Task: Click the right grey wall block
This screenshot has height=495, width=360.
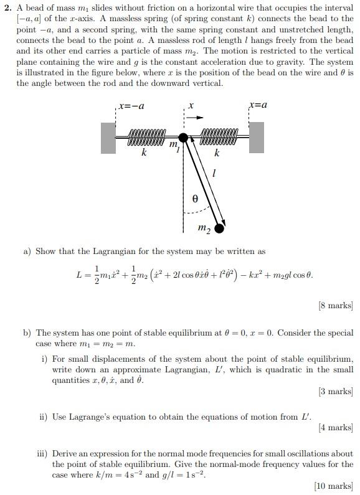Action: click(x=256, y=138)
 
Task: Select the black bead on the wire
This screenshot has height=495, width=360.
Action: click(x=182, y=138)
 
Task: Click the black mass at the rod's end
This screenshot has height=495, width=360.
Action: click(x=219, y=228)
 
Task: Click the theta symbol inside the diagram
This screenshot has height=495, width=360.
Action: click(x=195, y=199)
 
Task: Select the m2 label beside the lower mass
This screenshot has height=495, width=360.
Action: click(x=204, y=229)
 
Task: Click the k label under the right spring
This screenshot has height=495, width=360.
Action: click(x=217, y=153)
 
